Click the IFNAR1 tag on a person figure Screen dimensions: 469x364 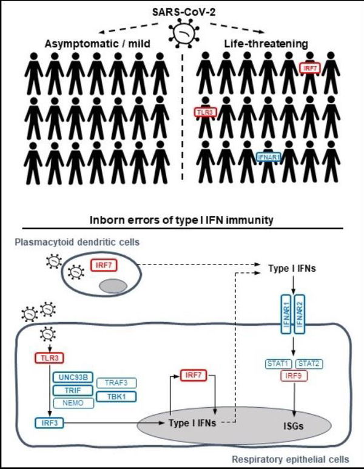point(268,156)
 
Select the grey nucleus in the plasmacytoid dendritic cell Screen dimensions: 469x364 point(115,285)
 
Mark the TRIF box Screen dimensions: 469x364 point(72,391)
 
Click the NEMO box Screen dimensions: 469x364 point(72,403)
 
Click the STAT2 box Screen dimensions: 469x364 point(309,364)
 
